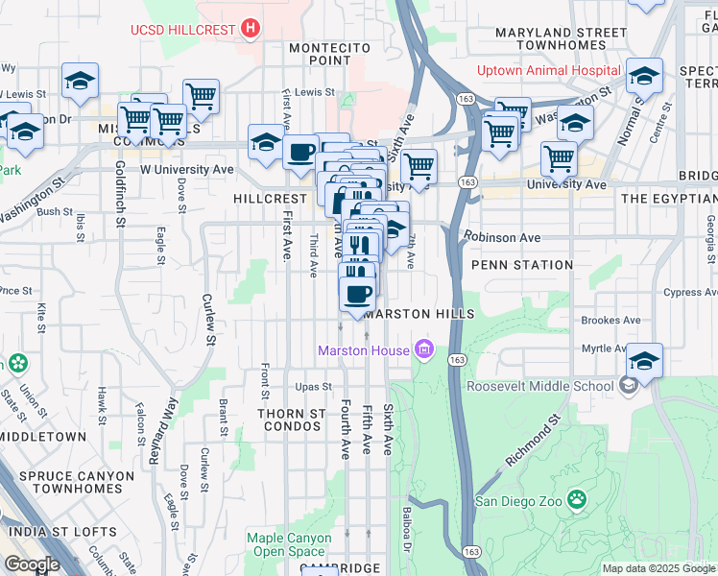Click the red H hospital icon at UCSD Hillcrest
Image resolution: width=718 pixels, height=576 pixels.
click(x=250, y=29)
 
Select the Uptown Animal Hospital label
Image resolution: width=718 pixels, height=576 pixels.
click(x=548, y=71)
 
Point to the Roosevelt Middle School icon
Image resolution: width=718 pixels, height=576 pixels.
click(x=628, y=386)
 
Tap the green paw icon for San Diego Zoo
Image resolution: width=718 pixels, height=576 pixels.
click(x=576, y=499)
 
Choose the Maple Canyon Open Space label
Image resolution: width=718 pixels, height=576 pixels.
click(x=285, y=544)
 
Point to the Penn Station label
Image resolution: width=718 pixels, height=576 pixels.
click(x=522, y=264)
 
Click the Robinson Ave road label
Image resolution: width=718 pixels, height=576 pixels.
click(x=501, y=237)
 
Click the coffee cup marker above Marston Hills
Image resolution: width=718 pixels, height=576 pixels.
click(x=357, y=294)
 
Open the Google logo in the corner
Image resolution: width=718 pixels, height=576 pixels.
click(x=33, y=564)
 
